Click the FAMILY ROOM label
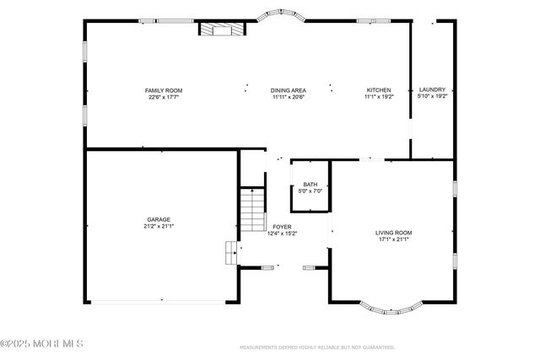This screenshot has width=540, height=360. (163, 90)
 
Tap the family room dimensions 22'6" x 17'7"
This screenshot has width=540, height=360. (163, 97)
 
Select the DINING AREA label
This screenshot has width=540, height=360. (288, 90)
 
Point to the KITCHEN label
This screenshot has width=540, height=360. (378, 90)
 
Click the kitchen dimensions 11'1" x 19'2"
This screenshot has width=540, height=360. (378, 97)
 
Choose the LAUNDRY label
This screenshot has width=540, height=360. (432, 90)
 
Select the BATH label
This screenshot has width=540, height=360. (310, 185)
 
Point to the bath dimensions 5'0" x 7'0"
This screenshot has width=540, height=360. (310, 191)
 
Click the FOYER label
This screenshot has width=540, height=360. (281, 227)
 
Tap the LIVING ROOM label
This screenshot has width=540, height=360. (393, 232)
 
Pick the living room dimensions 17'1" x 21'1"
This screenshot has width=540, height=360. (393, 239)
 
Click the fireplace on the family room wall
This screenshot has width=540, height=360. (222, 30)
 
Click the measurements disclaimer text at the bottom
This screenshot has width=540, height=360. (317, 347)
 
